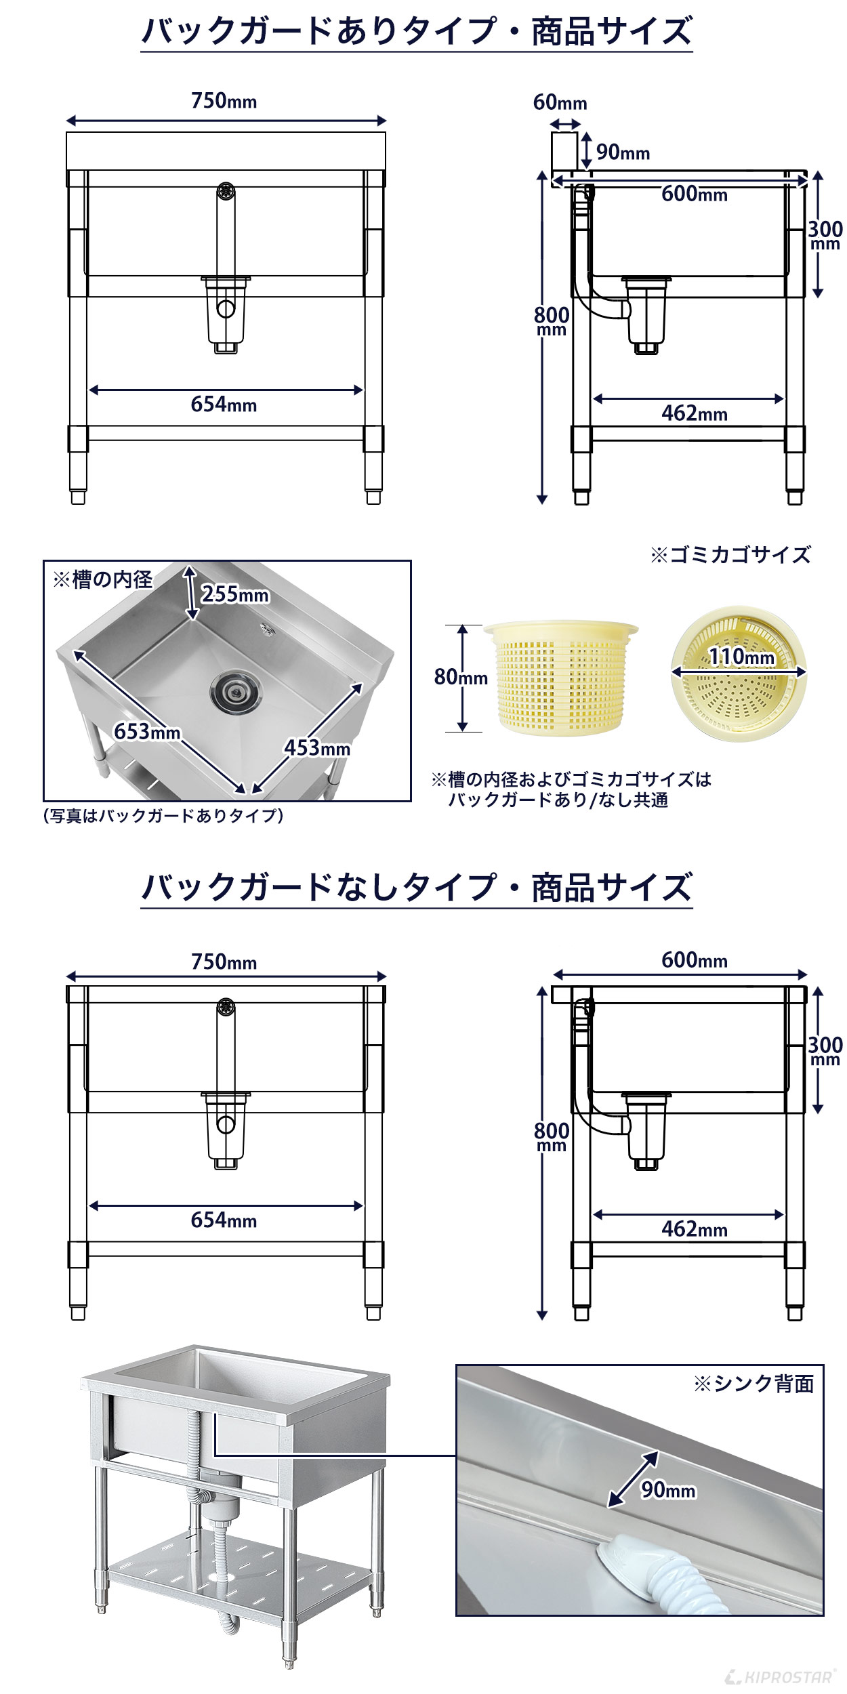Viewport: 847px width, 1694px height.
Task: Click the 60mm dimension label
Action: pos(560,103)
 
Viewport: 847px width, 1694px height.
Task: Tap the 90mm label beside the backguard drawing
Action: pos(623,153)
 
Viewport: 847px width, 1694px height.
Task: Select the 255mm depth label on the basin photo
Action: pos(235,595)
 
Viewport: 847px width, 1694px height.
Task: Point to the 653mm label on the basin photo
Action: pos(147,732)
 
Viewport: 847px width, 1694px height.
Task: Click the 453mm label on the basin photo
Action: pos(317,749)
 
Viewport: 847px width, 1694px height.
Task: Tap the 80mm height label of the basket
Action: pos(461,677)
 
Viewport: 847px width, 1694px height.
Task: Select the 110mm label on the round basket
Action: pos(741,657)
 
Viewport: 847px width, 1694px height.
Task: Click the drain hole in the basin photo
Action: pos(234,692)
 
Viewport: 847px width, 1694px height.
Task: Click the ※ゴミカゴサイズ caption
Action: pos(730,555)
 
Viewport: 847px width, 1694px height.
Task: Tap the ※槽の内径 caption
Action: pos(102,579)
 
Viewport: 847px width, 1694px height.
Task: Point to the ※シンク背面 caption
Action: pos(753,1384)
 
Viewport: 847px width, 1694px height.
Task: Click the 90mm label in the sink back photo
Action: pos(668,1490)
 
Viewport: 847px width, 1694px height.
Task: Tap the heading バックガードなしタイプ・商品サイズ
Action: pos(416,888)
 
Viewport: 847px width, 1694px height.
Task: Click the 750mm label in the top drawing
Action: pos(224,102)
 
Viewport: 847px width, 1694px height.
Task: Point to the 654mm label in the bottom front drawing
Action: pos(224,1221)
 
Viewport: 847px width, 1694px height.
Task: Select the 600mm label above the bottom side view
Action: pos(694,961)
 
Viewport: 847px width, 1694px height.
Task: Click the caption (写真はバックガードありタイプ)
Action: pos(163,816)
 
